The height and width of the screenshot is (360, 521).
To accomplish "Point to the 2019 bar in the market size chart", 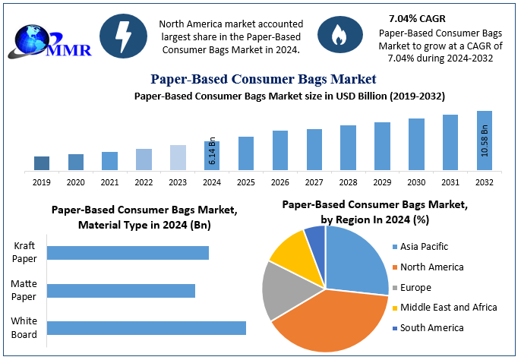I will (x=42, y=163).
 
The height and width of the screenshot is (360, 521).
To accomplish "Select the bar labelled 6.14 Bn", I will (x=212, y=155).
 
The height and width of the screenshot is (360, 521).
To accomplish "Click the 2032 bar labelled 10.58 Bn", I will (x=485, y=141).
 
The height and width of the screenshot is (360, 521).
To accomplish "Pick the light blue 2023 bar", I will (x=178, y=157).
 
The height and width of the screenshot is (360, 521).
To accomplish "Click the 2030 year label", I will (x=416, y=182).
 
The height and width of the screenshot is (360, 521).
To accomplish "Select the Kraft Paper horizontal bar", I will (x=128, y=253).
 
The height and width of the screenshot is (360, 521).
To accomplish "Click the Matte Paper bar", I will (x=121, y=290).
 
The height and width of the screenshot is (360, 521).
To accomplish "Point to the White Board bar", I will (x=147, y=327).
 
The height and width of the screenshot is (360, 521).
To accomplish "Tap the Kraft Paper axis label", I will (x=25, y=252).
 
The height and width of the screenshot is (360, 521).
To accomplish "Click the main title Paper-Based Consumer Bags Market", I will (x=263, y=79).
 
